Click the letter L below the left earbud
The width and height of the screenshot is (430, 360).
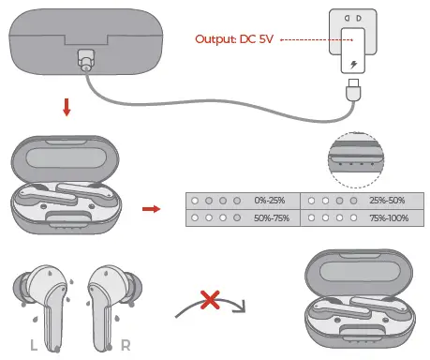click(x=34, y=345)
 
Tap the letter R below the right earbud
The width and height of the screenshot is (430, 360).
click(x=125, y=345)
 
